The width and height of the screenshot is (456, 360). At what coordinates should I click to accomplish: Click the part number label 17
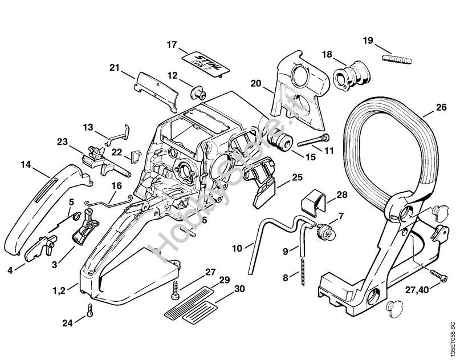pyautogui.click(x=172, y=45)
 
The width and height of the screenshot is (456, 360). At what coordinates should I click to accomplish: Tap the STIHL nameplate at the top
pyautogui.click(x=202, y=63)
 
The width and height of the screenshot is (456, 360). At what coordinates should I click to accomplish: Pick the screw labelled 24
pyautogui.click(x=90, y=311)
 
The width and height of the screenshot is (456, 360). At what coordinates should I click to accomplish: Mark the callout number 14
pyautogui.click(x=26, y=164)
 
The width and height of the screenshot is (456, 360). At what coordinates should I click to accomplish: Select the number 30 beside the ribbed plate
pyautogui.click(x=239, y=289)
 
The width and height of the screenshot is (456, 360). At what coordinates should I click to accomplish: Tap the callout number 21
pyautogui.click(x=114, y=68)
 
